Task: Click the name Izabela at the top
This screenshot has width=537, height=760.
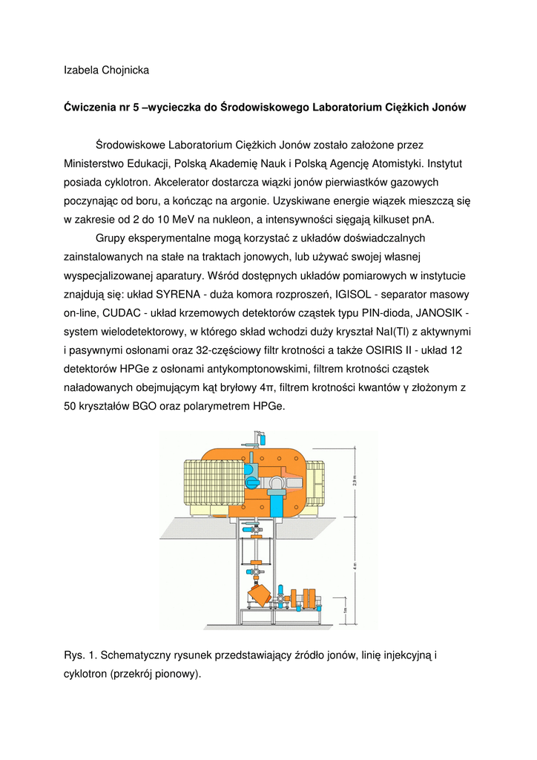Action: coord(81,71)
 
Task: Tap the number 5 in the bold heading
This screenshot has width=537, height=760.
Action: coord(136,108)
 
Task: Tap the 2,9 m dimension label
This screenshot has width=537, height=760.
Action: coord(355,483)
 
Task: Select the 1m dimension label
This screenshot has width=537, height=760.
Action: coord(345,611)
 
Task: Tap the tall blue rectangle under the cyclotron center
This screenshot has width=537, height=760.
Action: coord(277,505)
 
